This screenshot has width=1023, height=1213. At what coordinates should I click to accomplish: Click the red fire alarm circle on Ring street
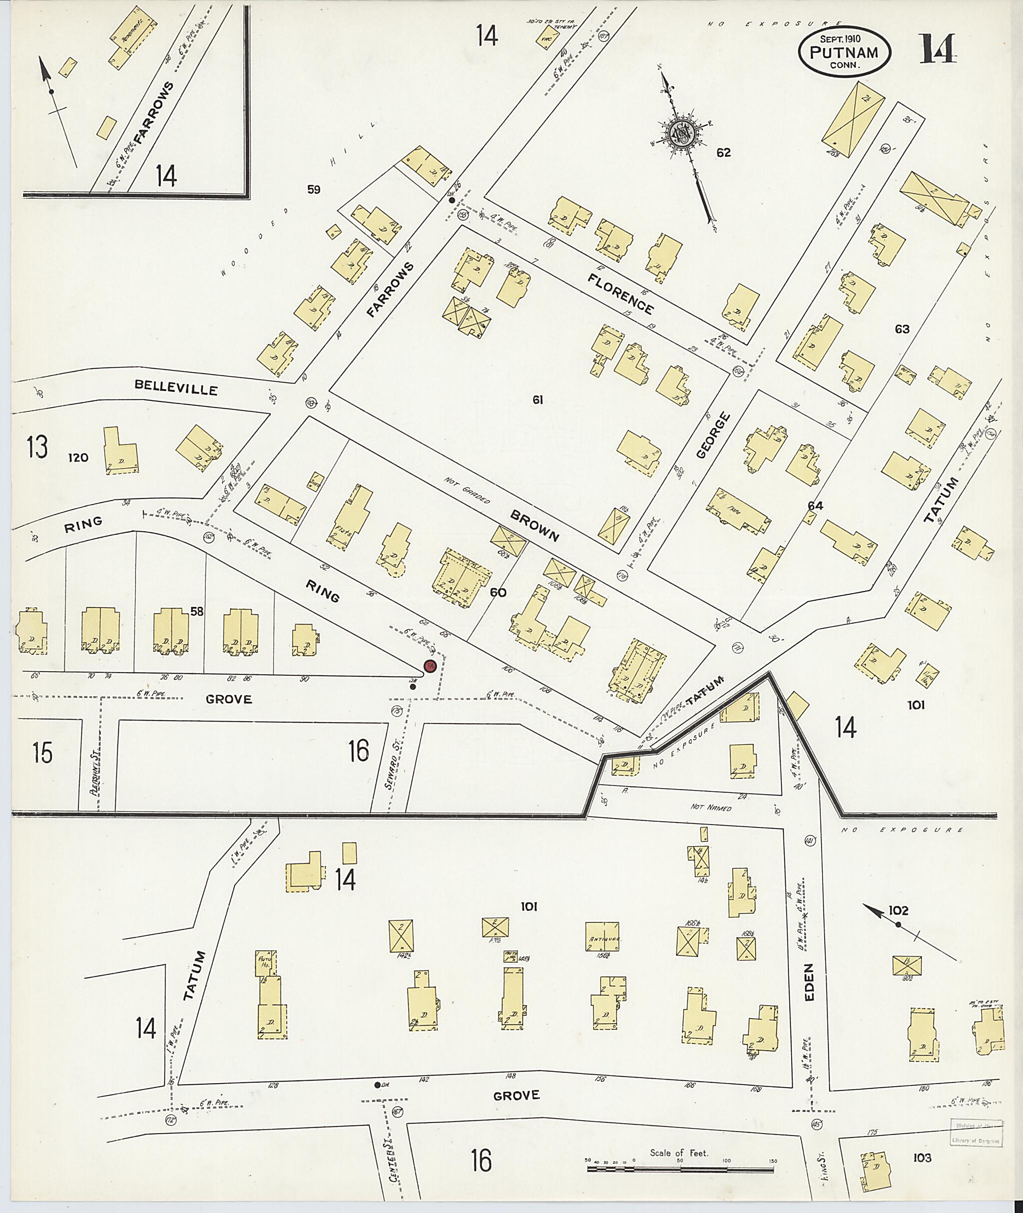tap(430, 666)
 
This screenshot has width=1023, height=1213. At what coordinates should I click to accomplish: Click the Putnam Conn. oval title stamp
tap(844, 51)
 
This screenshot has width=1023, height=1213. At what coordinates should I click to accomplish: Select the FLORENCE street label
tap(620, 294)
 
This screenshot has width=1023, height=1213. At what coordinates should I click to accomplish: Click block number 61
tap(537, 400)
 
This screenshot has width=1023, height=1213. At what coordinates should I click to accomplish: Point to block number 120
tap(78, 458)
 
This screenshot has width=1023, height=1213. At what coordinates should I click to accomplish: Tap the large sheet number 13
tap(37, 447)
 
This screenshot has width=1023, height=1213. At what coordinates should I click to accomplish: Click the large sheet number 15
tap(43, 753)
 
